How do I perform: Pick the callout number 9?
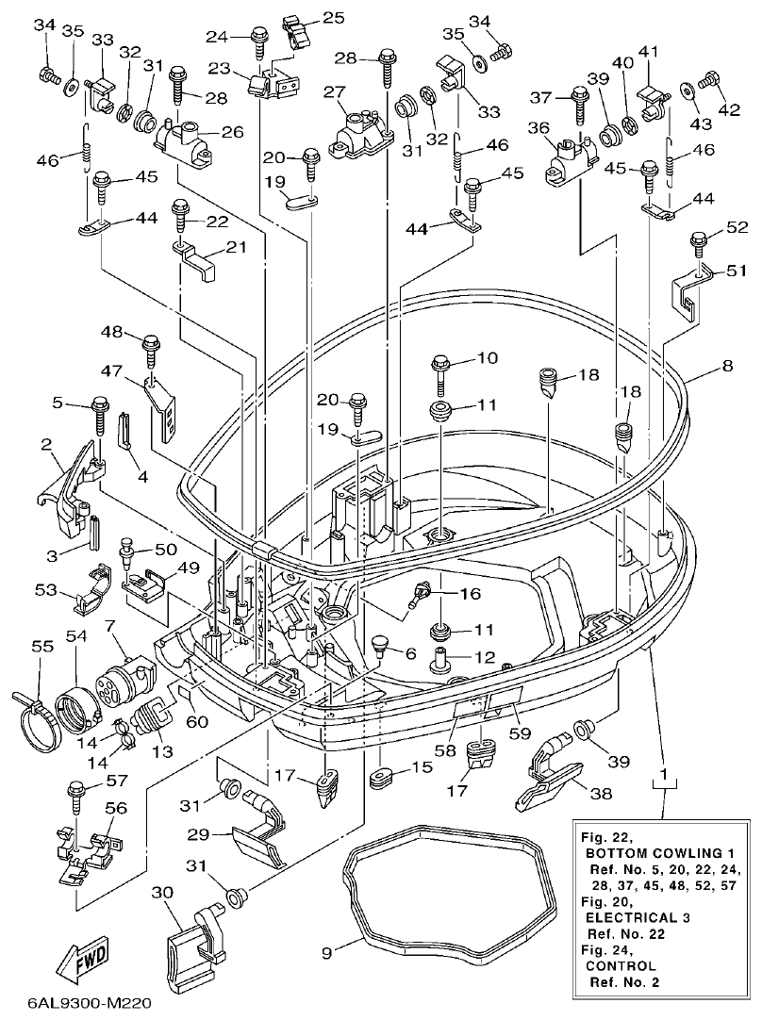tap(327, 954)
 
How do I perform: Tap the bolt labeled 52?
tap(698, 242)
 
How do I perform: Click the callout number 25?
tap(307, 17)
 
